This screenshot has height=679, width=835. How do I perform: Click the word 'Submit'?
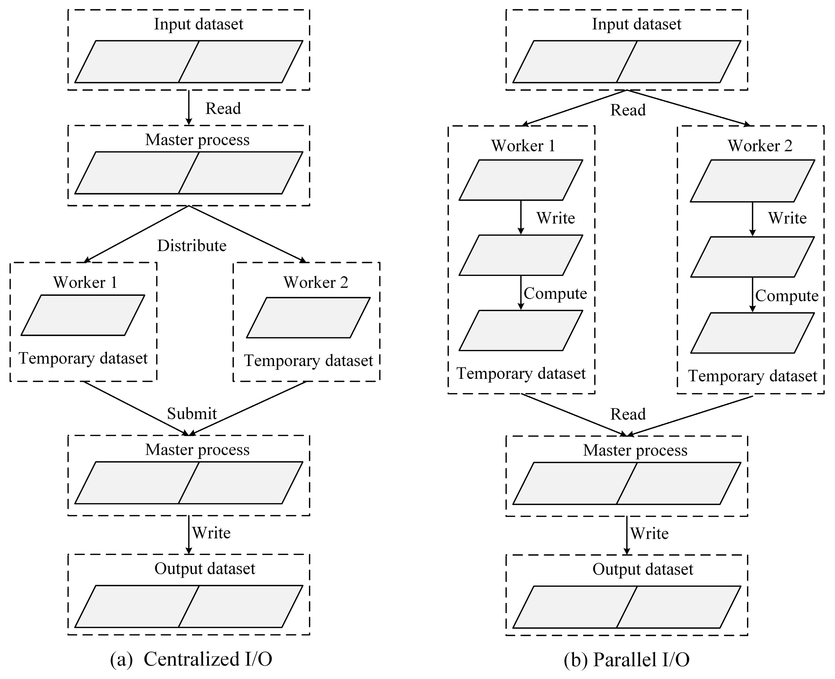click(x=192, y=414)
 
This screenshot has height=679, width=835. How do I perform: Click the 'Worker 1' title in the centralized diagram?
click(x=85, y=282)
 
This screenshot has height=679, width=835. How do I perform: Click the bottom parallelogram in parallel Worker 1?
click(x=521, y=331)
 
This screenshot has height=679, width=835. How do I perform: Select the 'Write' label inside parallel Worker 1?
click(x=556, y=218)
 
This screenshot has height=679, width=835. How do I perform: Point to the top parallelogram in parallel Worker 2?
click(x=752, y=181)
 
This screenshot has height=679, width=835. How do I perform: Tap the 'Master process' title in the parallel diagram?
click(x=635, y=450)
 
